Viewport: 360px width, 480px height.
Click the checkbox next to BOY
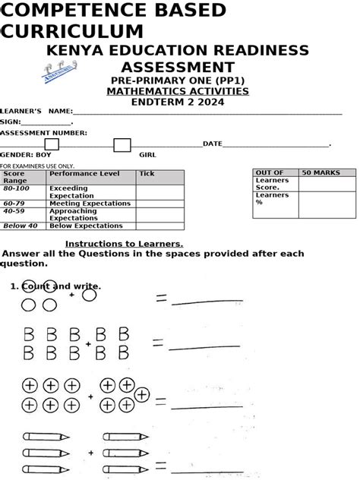point(52,144)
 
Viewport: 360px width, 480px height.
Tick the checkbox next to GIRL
point(122,145)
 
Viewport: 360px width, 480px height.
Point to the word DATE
point(212,144)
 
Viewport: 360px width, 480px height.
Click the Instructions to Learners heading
point(124,244)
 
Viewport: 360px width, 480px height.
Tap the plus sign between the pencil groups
point(91,453)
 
